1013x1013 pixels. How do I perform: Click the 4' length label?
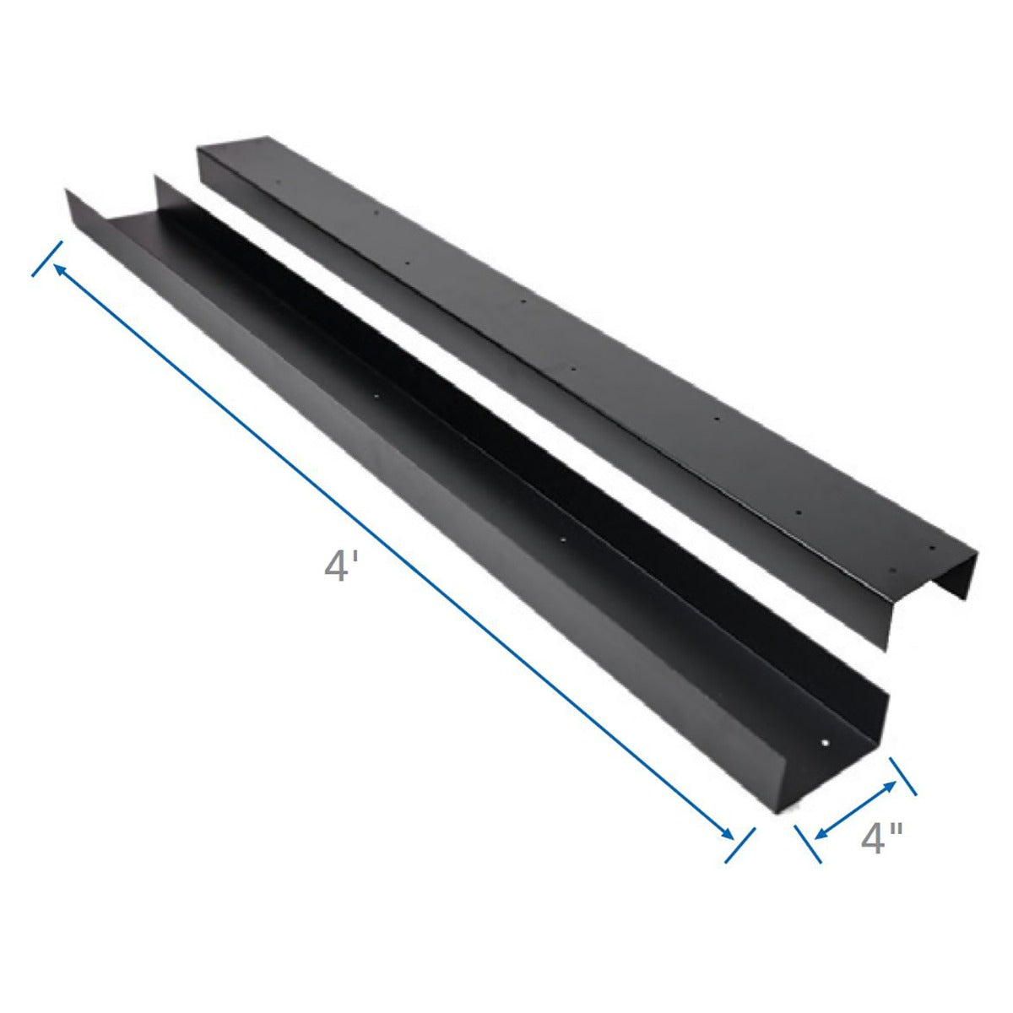337,565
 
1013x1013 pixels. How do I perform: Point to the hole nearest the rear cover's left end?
282,180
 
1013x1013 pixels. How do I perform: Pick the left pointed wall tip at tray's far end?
68,191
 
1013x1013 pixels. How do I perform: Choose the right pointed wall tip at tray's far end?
155,177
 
